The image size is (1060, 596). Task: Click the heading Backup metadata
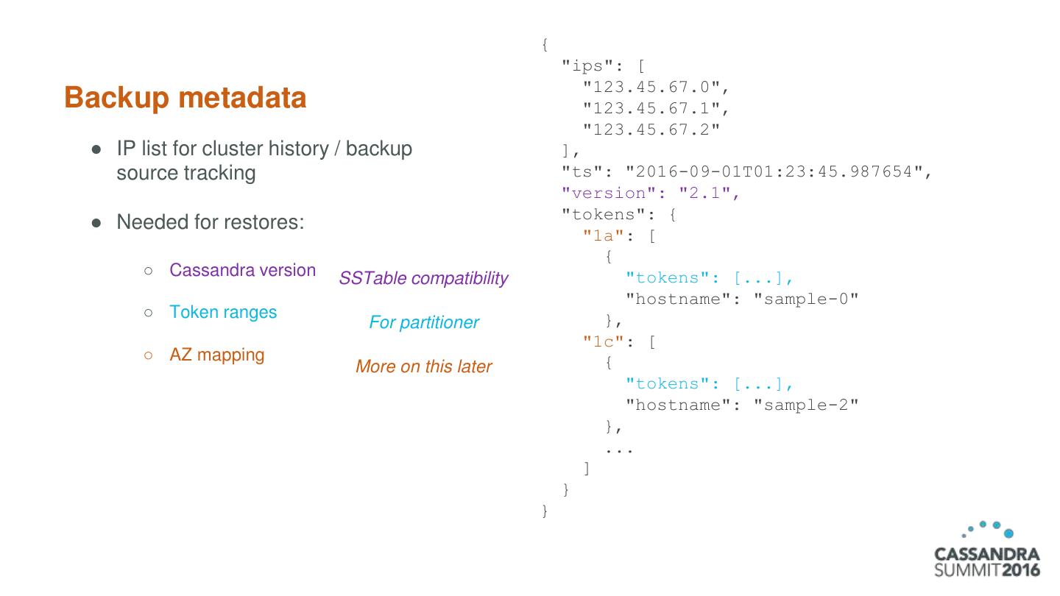coord(185,98)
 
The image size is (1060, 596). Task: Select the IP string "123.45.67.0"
coord(651,88)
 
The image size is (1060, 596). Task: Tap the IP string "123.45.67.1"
coord(651,109)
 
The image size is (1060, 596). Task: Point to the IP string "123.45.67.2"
coord(651,130)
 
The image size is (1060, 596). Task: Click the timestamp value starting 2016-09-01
coord(774,172)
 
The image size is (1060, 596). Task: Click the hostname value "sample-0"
coord(806,299)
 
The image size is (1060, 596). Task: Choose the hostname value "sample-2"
coord(806,405)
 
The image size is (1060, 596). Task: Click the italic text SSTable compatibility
coord(423,279)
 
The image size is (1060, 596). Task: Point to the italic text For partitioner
coord(423,322)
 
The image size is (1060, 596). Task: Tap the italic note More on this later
coord(423,366)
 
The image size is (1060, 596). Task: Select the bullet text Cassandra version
coord(242,270)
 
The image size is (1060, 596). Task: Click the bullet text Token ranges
coord(223,312)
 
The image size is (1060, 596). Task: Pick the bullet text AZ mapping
coord(216,355)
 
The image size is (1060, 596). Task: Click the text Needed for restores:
coord(210,221)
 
